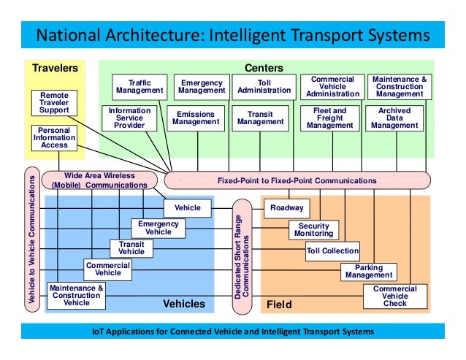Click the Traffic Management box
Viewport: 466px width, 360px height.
[x=140, y=87]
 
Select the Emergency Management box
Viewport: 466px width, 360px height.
[x=202, y=87]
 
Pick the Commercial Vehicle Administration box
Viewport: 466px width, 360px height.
[x=332, y=87]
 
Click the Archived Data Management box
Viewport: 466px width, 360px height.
[x=394, y=118]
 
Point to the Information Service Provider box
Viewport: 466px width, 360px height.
[x=129, y=118]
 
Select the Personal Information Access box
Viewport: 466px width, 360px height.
[x=54, y=137]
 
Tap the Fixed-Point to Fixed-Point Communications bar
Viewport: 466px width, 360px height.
[x=297, y=180]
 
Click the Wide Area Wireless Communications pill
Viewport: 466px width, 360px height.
[x=99, y=180]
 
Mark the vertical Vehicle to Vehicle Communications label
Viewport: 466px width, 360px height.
[x=31, y=240]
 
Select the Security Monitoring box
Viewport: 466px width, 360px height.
[x=314, y=229]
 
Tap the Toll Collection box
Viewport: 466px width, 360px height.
[x=332, y=251]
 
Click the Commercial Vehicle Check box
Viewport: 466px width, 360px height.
[x=394, y=294]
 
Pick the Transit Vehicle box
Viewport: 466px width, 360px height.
[x=131, y=248]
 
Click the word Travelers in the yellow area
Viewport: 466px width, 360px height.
[x=55, y=69]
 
